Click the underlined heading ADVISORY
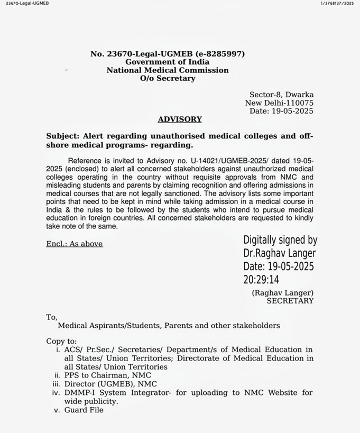[x=179, y=119]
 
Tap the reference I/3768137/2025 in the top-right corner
[x=337, y=4]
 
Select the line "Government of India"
[x=167, y=62]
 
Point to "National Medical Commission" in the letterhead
[x=167, y=70]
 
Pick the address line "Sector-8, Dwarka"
[x=281, y=95]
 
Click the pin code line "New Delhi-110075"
[x=279, y=103]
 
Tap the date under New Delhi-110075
[x=281, y=111]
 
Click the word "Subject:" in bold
[x=64, y=136]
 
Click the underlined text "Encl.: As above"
[x=75, y=244]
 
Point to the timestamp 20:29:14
[x=261, y=280]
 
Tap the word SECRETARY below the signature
[x=290, y=301]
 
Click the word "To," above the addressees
[x=52, y=317]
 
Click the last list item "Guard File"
[x=84, y=410]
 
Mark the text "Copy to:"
[x=61, y=342]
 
